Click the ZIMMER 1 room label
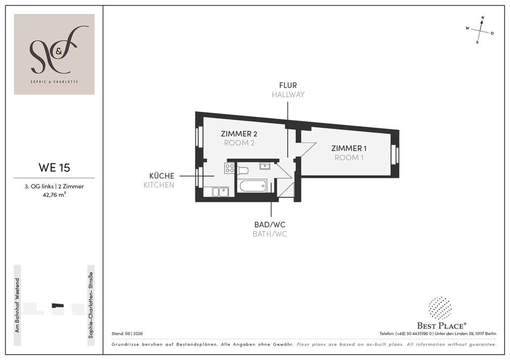tap(349, 149)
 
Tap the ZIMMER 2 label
tap(239, 134)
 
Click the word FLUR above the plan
tap(288, 85)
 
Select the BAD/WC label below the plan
tap(269, 224)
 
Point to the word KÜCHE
tap(162, 176)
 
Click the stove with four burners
tap(229, 168)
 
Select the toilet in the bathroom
tap(243, 170)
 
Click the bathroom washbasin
tap(265, 167)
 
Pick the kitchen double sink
tap(221, 192)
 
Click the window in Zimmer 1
tap(395, 154)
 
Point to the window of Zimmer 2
tap(199, 136)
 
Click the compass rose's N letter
tap(483, 18)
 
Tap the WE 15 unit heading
tap(54, 167)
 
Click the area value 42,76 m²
tap(54, 195)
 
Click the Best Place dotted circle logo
tap(440, 308)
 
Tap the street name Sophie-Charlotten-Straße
tap(91, 305)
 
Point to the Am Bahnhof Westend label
tap(17, 305)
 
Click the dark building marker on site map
tap(57, 305)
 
